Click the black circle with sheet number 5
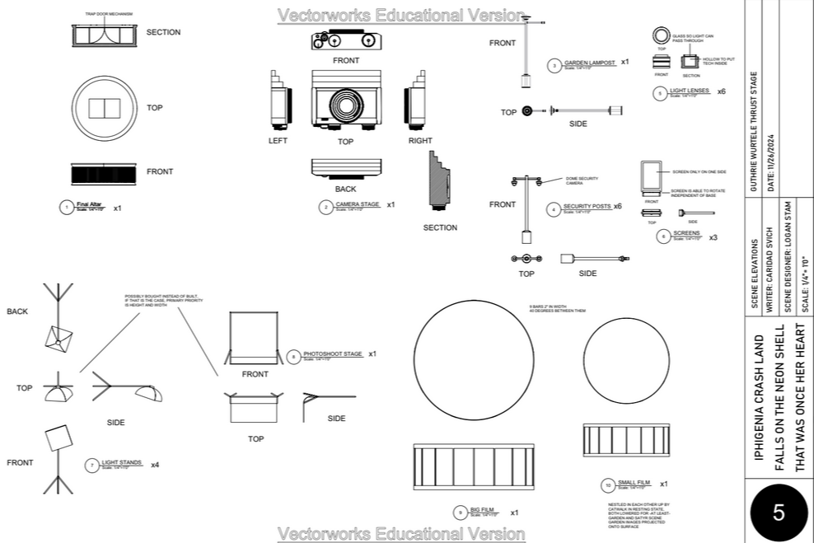778,513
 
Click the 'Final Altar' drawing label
89,204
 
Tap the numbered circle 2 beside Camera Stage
326,207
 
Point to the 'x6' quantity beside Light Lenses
722,91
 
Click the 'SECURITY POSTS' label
587,206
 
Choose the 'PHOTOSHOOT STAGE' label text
332,353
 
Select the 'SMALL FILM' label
634,482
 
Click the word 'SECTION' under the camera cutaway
439,227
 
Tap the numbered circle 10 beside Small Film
608,484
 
